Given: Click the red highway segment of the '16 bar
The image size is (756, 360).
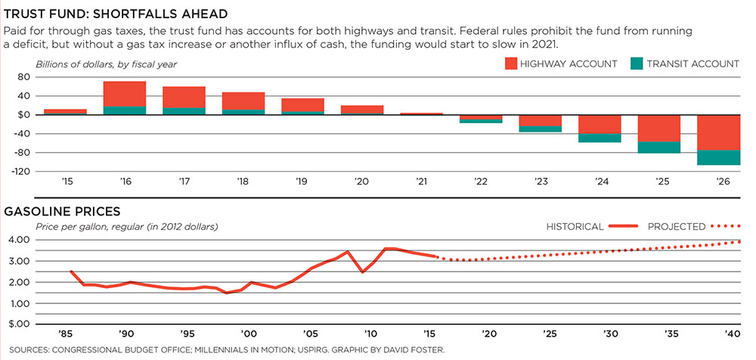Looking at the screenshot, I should tap(125, 93).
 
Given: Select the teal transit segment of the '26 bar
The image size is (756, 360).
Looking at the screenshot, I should tap(719, 157).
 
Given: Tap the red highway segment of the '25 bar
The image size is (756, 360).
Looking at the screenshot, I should tap(659, 129).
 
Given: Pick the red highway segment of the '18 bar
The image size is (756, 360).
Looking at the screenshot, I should tap(243, 101).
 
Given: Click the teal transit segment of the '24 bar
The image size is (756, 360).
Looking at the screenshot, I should tap(600, 138).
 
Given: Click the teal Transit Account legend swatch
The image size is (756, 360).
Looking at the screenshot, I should tap(637, 64).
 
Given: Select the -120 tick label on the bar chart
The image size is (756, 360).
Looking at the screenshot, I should tap(17, 172).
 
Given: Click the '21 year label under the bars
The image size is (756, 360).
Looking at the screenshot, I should tap(421, 183).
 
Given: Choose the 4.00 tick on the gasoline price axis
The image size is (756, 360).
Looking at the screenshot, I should tap(18, 240).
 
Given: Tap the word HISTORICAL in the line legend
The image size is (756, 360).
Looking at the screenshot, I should tap(575, 226).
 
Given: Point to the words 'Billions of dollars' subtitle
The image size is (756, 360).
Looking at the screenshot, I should tap(69, 64).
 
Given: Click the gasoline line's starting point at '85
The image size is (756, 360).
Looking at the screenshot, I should tap(71, 272).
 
